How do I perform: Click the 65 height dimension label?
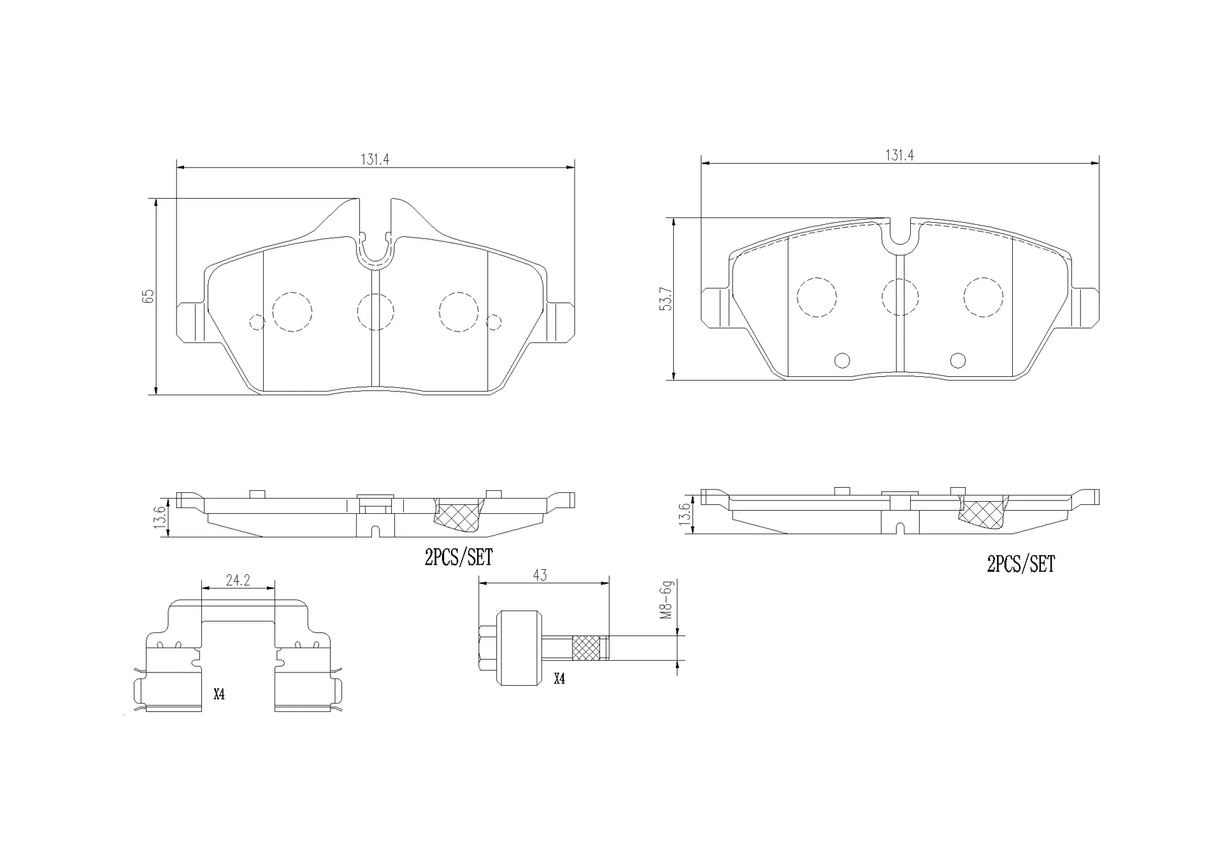[148, 296]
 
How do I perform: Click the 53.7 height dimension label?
[667, 299]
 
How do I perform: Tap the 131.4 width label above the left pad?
[375, 159]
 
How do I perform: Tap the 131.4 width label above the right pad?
[899, 155]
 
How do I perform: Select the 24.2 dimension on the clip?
[238, 580]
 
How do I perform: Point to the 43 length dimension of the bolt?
[540, 576]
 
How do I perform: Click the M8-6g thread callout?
[667, 599]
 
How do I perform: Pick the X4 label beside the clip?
[219, 694]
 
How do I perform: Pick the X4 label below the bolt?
[559, 679]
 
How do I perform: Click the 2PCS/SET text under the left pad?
[459, 558]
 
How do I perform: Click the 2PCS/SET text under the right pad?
[1020, 564]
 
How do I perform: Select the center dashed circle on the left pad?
[375, 312]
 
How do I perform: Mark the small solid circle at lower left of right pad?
[842, 360]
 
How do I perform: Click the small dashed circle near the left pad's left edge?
[257, 323]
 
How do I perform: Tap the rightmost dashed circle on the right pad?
[983, 297]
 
